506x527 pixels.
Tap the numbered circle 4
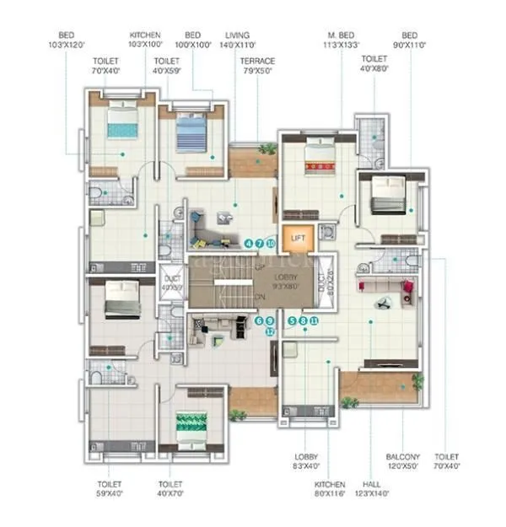click(248, 243)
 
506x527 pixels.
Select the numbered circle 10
click(271, 243)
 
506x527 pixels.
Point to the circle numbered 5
click(292, 320)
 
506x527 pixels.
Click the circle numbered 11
click(314, 320)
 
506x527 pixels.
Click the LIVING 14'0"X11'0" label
click(235, 40)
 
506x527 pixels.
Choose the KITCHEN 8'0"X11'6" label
click(329, 488)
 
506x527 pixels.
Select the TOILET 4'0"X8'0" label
click(374, 65)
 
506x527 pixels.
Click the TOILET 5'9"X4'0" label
click(110, 489)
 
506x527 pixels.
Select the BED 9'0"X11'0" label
click(410, 40)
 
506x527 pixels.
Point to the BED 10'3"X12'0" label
click(67, 40)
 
